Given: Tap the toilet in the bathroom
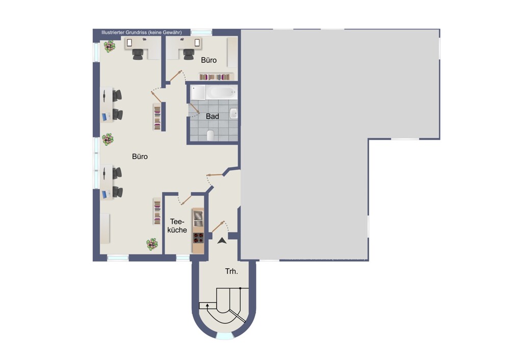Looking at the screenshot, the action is click(x=211, y=135).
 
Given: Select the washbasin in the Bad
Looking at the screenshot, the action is click(x=234, y=113).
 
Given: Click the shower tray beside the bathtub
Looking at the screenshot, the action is click(x=198, y=92).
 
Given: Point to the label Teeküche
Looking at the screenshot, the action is click(x=177, y=226).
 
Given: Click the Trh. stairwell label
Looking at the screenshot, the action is click(x=232, y=271).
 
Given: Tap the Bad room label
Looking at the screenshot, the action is click(x=212, y=116).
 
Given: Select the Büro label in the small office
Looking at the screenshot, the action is click(x=209, y=60).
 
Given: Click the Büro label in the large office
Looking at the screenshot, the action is click(x=140, y=157).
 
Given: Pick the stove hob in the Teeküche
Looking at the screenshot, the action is click(x=198, y=238).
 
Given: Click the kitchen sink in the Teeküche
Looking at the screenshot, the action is click(x=198, y=219).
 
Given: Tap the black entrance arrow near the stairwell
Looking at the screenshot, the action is click(x=222, y=241).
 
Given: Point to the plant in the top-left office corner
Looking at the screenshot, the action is click(x=110, y=46).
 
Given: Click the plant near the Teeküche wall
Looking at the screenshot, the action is click(x=152, y=244).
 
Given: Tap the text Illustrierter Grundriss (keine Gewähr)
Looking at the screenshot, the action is click(x=141, y=33).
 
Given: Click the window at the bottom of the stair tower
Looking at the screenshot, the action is click(x=224, y=336).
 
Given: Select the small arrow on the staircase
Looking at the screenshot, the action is click(x=207, y=305).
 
